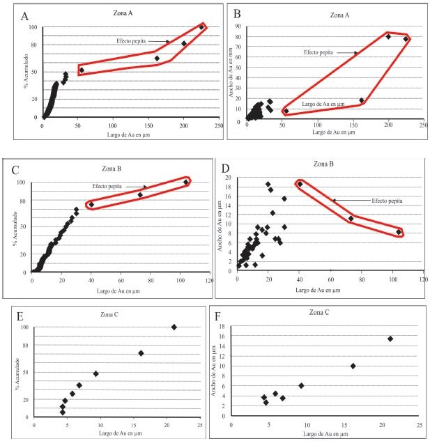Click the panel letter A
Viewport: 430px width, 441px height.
[25, 16]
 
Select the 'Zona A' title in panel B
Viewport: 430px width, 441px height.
[325, 13]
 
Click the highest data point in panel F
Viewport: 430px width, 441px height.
[390, 339]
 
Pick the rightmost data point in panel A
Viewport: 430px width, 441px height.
[201, 27]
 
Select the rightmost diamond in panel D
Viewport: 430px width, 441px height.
[399, 232]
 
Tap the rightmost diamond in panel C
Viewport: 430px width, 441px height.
[186, 182]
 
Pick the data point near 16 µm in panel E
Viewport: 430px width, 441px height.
[141, 353]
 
